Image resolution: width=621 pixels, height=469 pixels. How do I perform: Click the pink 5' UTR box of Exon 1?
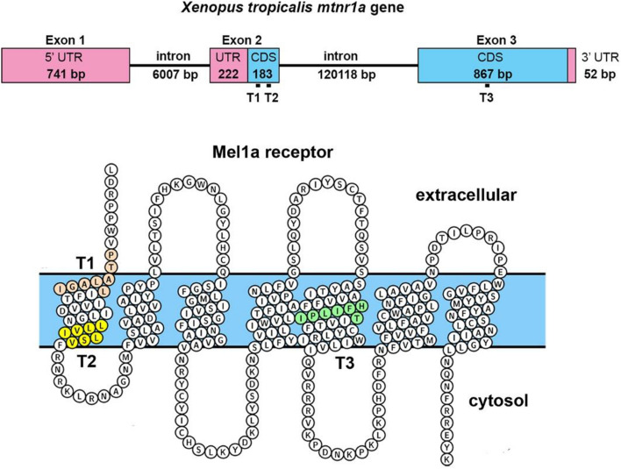point(67,66)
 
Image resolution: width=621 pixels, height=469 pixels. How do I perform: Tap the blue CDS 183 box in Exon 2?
point(262,66)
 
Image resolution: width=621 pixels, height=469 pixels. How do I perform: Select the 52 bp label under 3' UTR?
point(599,75)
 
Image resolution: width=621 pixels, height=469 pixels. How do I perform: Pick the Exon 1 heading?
point(67,39)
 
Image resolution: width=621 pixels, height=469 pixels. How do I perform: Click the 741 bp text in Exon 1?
point(67,75)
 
